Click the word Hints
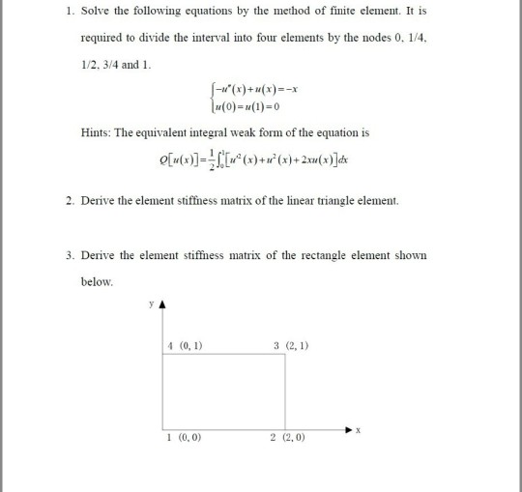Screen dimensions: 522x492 97,132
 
